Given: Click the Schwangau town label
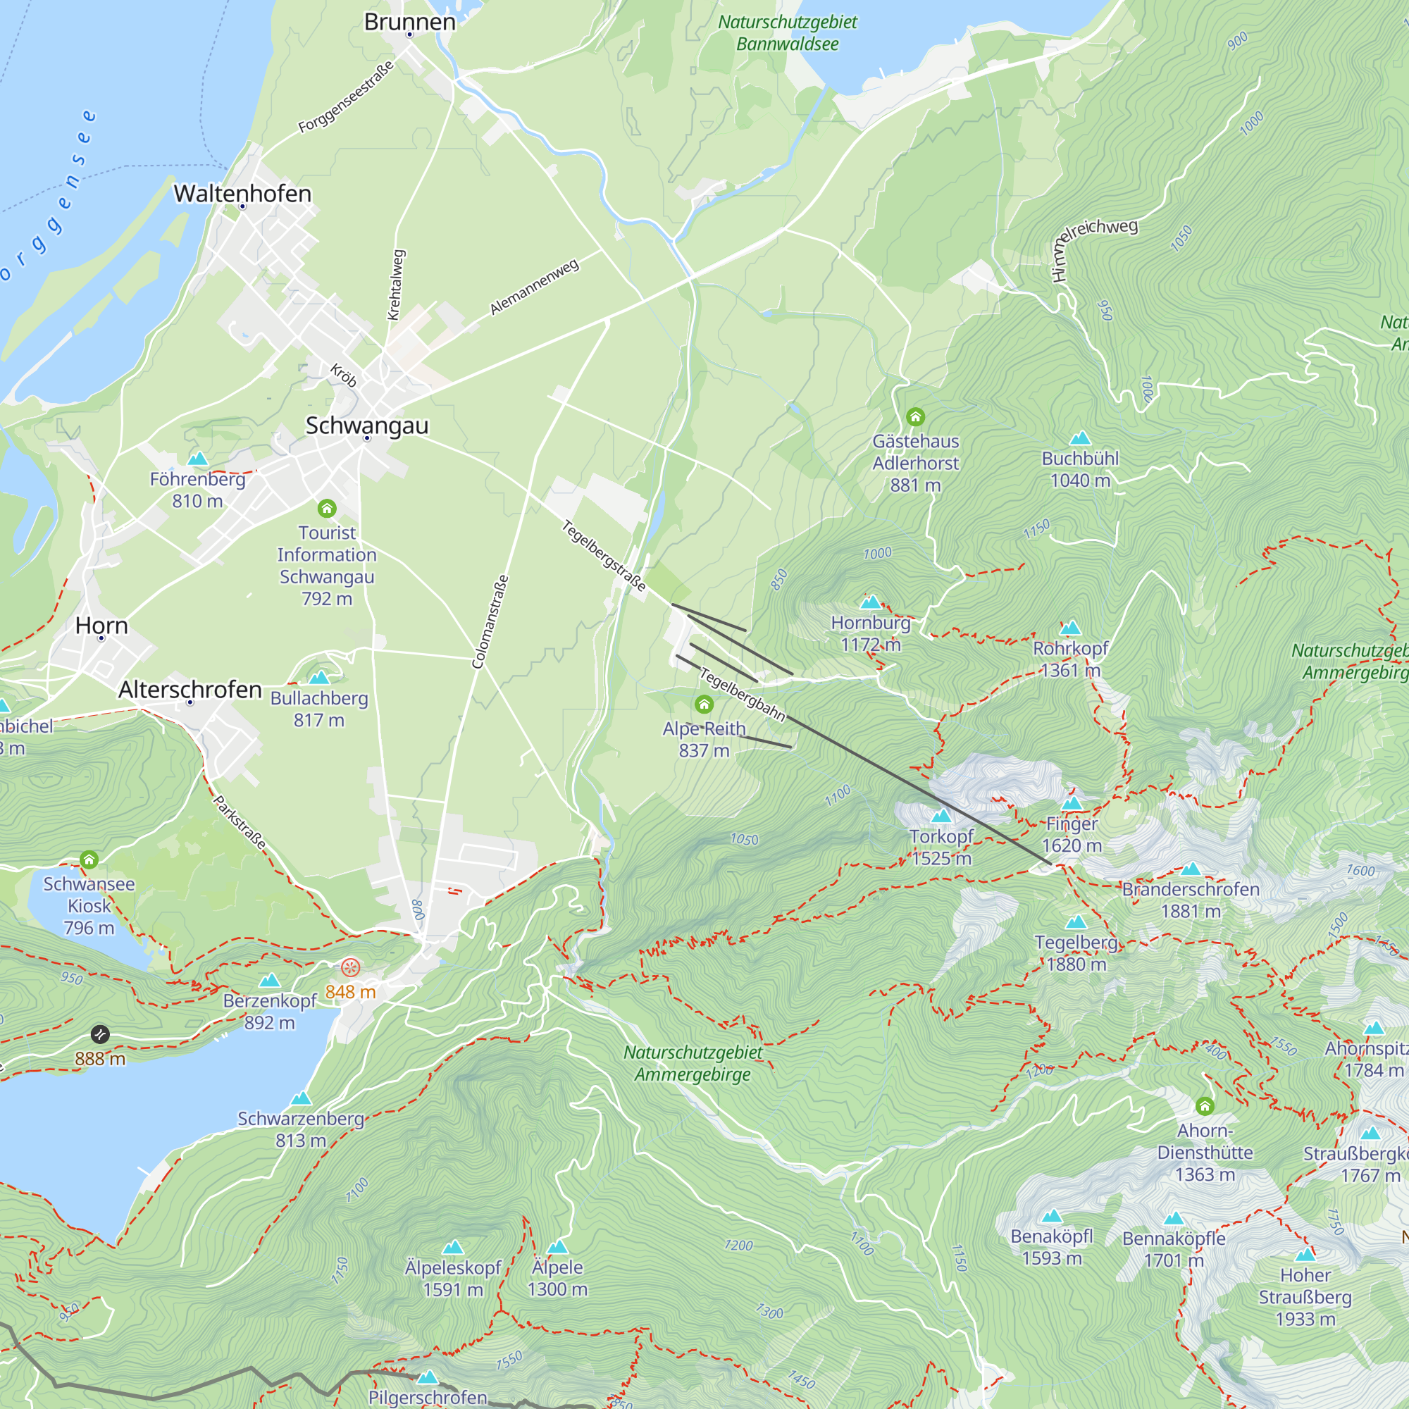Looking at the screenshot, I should coord(366,426).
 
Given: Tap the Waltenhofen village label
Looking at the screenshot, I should coord(242,193).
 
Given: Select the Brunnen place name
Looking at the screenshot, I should coord(409,22).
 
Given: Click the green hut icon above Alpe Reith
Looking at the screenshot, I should coord(704,704).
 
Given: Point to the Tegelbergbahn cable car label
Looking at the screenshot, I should coord(742,695).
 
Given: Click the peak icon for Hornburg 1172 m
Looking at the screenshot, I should coord(871,602).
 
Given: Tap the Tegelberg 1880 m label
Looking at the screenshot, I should coord(1076,953).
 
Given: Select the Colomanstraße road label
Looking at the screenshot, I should coord(490,622).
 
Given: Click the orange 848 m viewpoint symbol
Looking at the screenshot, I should coord(351,968).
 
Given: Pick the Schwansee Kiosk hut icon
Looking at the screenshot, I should coord(89,859).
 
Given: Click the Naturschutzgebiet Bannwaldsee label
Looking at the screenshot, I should coord(787,33).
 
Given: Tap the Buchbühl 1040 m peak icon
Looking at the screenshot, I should coord(1080,438).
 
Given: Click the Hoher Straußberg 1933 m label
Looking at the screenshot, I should coord(1305,1297).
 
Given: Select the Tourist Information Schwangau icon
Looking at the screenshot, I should coord(327,509).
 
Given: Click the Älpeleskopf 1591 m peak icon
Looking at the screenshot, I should coord(453,1248).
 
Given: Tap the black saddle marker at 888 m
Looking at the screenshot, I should coord(100,1034).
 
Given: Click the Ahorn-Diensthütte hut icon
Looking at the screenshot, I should coord(1205,1106).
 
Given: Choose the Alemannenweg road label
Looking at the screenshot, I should coord(534,287).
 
